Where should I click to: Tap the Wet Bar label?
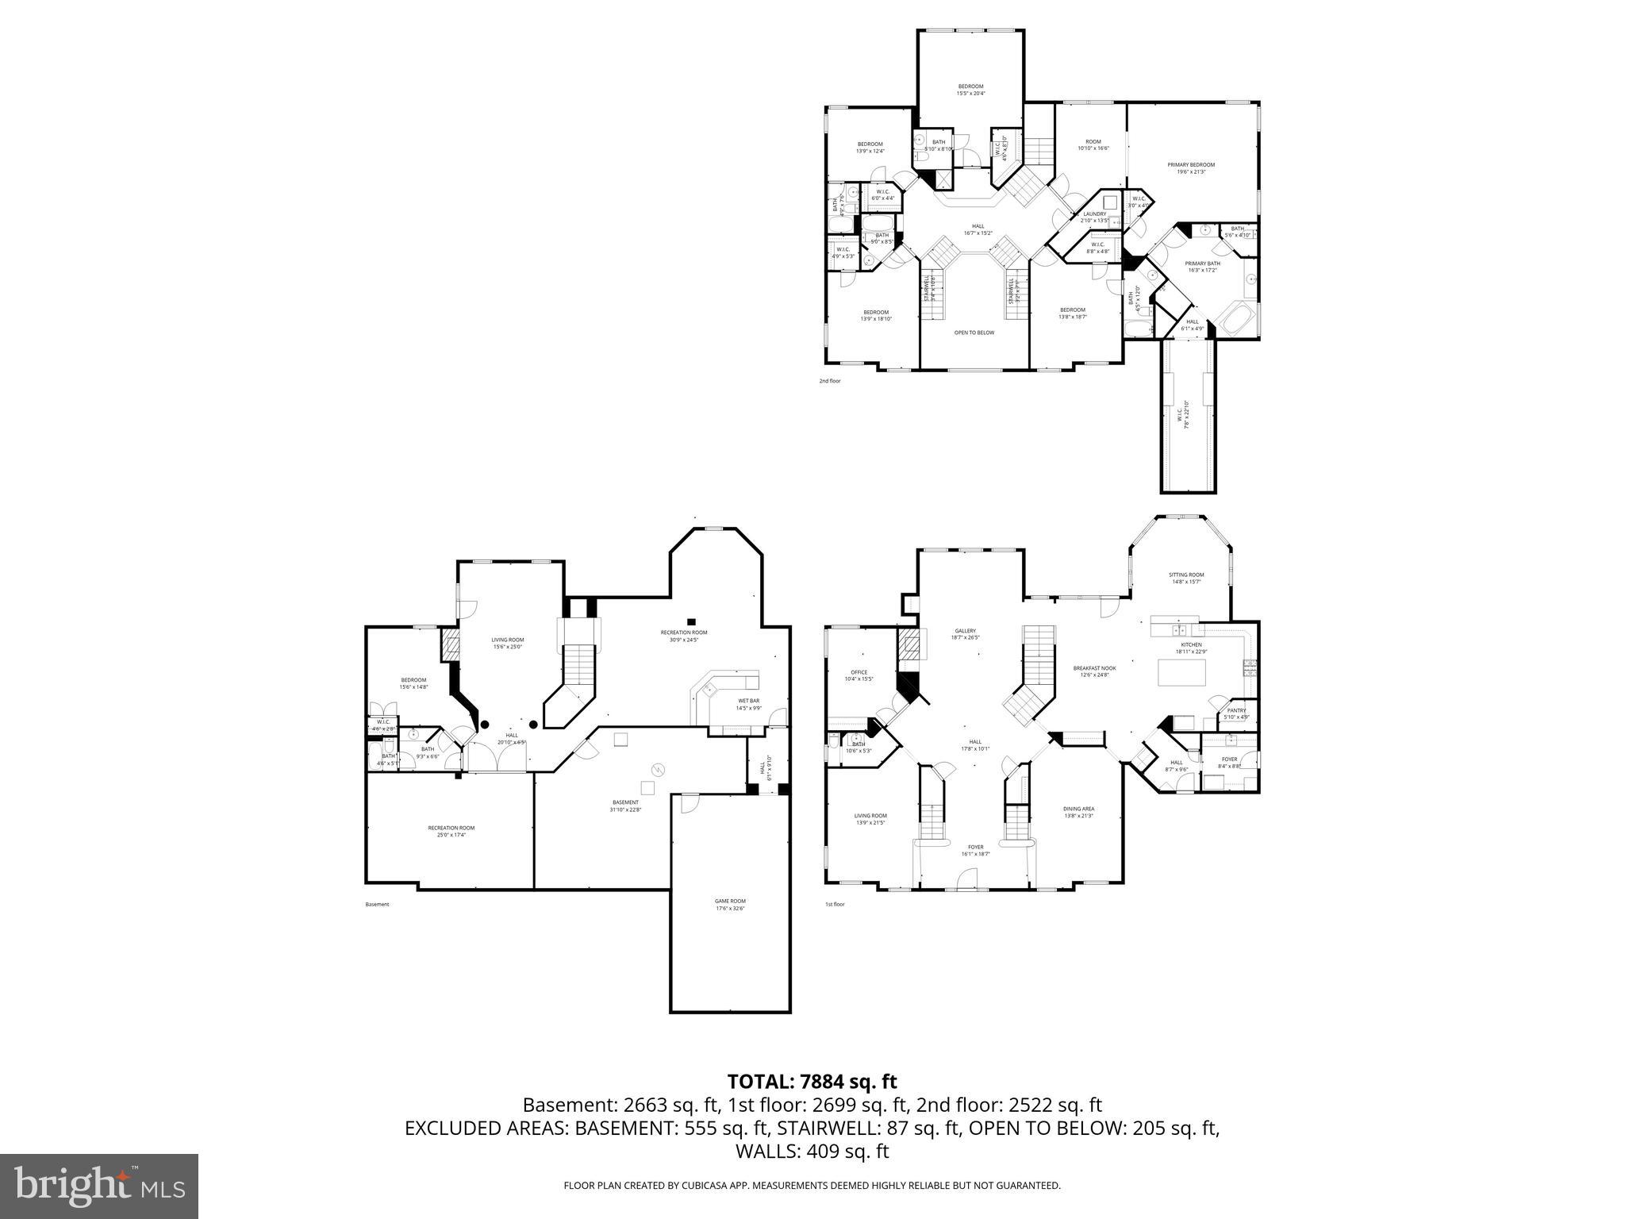(x=748, y=704)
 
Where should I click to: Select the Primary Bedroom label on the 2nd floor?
(x=1190, y=168)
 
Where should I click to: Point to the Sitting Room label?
(x=1185, y=578)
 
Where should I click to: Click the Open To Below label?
(x=974, y=333)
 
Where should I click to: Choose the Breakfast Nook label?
(x=1094, y=671)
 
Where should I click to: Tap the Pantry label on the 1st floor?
(x=1236, y=713)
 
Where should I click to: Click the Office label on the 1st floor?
(x=859, y=675)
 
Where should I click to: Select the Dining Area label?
(x=1078, y=812)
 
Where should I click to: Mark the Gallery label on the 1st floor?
(x=965, y=634)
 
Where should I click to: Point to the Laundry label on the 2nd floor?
(x=1095, y=217)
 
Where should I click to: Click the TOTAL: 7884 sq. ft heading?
(x=812, y=1081)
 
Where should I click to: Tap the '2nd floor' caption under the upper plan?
(x=829, y=381)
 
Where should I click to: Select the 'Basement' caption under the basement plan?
(x=377, y=904)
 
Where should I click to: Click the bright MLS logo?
(x=99, y=1186)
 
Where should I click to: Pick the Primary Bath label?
(x=1202, y=267)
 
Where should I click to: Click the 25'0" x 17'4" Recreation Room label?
(x=451, y=831)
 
